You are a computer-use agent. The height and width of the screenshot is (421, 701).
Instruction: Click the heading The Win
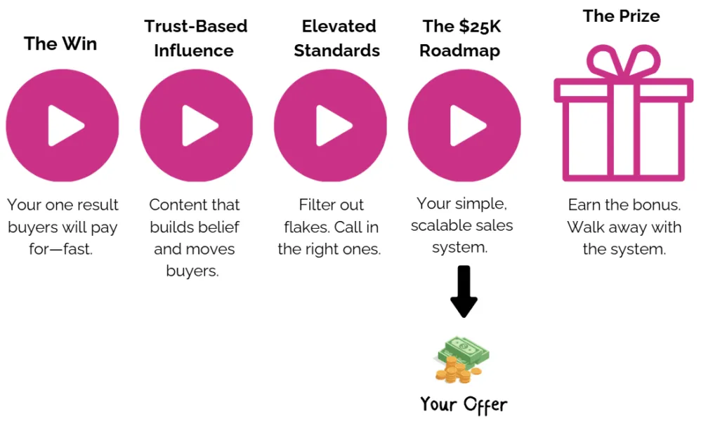pyautogui.click(x=60, y=44)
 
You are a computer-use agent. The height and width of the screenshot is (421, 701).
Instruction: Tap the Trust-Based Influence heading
pyautogui.click(x=195, y=39)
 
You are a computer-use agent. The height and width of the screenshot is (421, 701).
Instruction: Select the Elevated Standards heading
pyautogui.click(x=337, y=39)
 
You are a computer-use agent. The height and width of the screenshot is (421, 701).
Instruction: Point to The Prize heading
pyautogui.click(x=621, y=15)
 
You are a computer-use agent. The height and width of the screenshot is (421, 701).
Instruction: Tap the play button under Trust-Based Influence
pyautogui.click(x=197, y=126)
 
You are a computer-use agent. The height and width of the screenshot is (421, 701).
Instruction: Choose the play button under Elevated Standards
pyautogui.click(x=331, y=126)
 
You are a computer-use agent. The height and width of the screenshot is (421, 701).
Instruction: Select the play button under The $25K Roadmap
pyautogui.click(x=464, y=126)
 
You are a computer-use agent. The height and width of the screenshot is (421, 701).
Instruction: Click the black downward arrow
pyautogui.click(x=464, y=291)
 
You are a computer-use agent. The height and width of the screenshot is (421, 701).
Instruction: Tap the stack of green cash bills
pyautogui.click(x=464, y=350)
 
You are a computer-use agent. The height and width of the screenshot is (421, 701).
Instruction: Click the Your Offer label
pyautogui.click(x=464, y=404)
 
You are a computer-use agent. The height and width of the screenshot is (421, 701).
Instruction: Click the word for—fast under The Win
pyautogui.click(x=63, y=249)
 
